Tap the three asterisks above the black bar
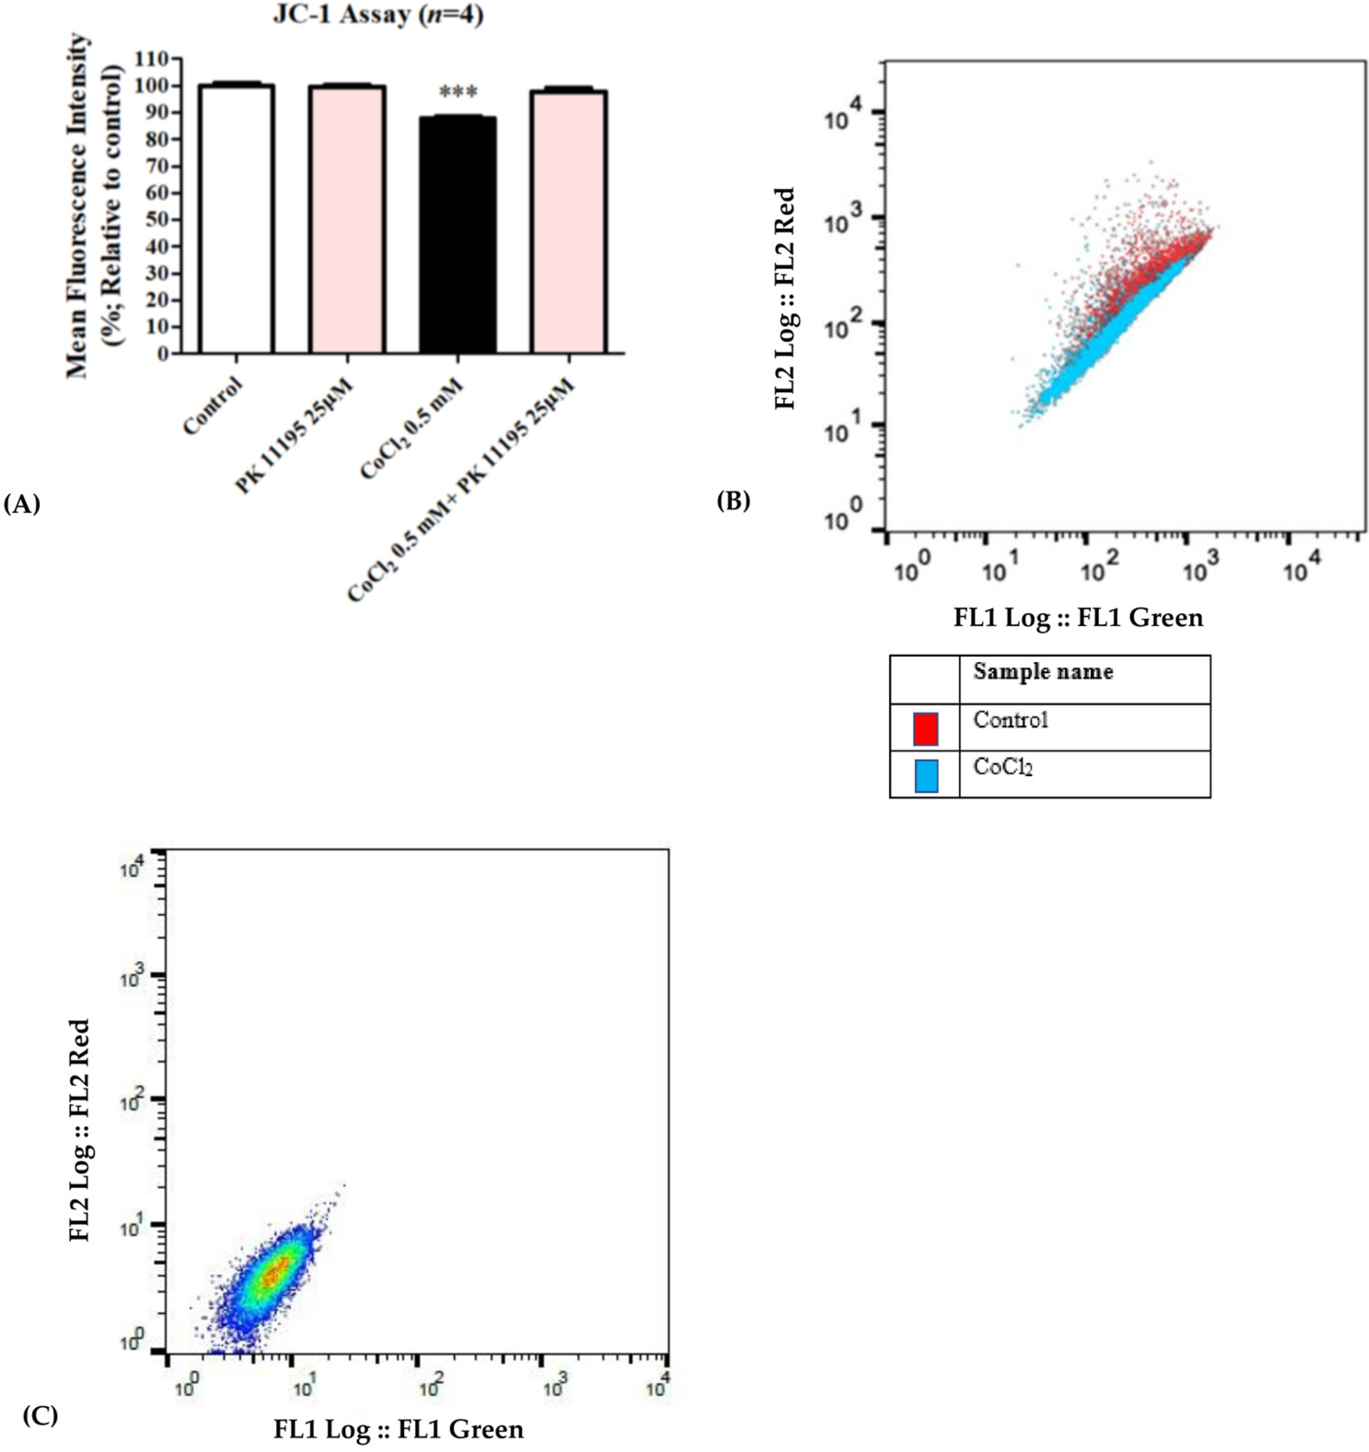point(458,93)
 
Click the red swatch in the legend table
point(925,729)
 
